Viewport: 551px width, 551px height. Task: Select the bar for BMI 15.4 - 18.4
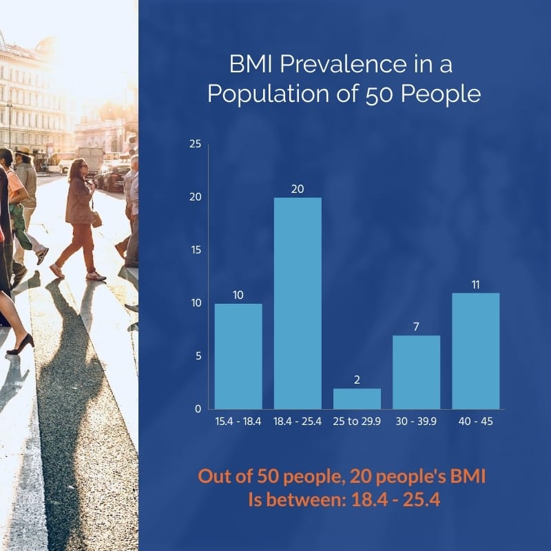pos(238,356)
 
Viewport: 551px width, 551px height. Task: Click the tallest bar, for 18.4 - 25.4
pos(298,303)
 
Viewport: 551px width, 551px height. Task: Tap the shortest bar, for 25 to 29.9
pos(357,399)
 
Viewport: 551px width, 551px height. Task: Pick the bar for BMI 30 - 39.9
pos(416,372)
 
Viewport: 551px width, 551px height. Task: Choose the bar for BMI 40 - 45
pos(475,351)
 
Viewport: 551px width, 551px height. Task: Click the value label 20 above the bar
pos(298,188)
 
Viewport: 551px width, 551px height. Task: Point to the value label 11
pos(475,283)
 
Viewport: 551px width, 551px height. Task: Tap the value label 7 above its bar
pos(416,326)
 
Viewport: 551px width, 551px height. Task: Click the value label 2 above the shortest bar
pos(357,379)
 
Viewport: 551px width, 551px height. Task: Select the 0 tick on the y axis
pos(198,409)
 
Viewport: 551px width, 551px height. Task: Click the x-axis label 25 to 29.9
pos(357,422)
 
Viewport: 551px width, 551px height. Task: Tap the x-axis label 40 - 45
pos(475,422)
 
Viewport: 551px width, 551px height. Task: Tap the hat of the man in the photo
pos(23,151)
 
